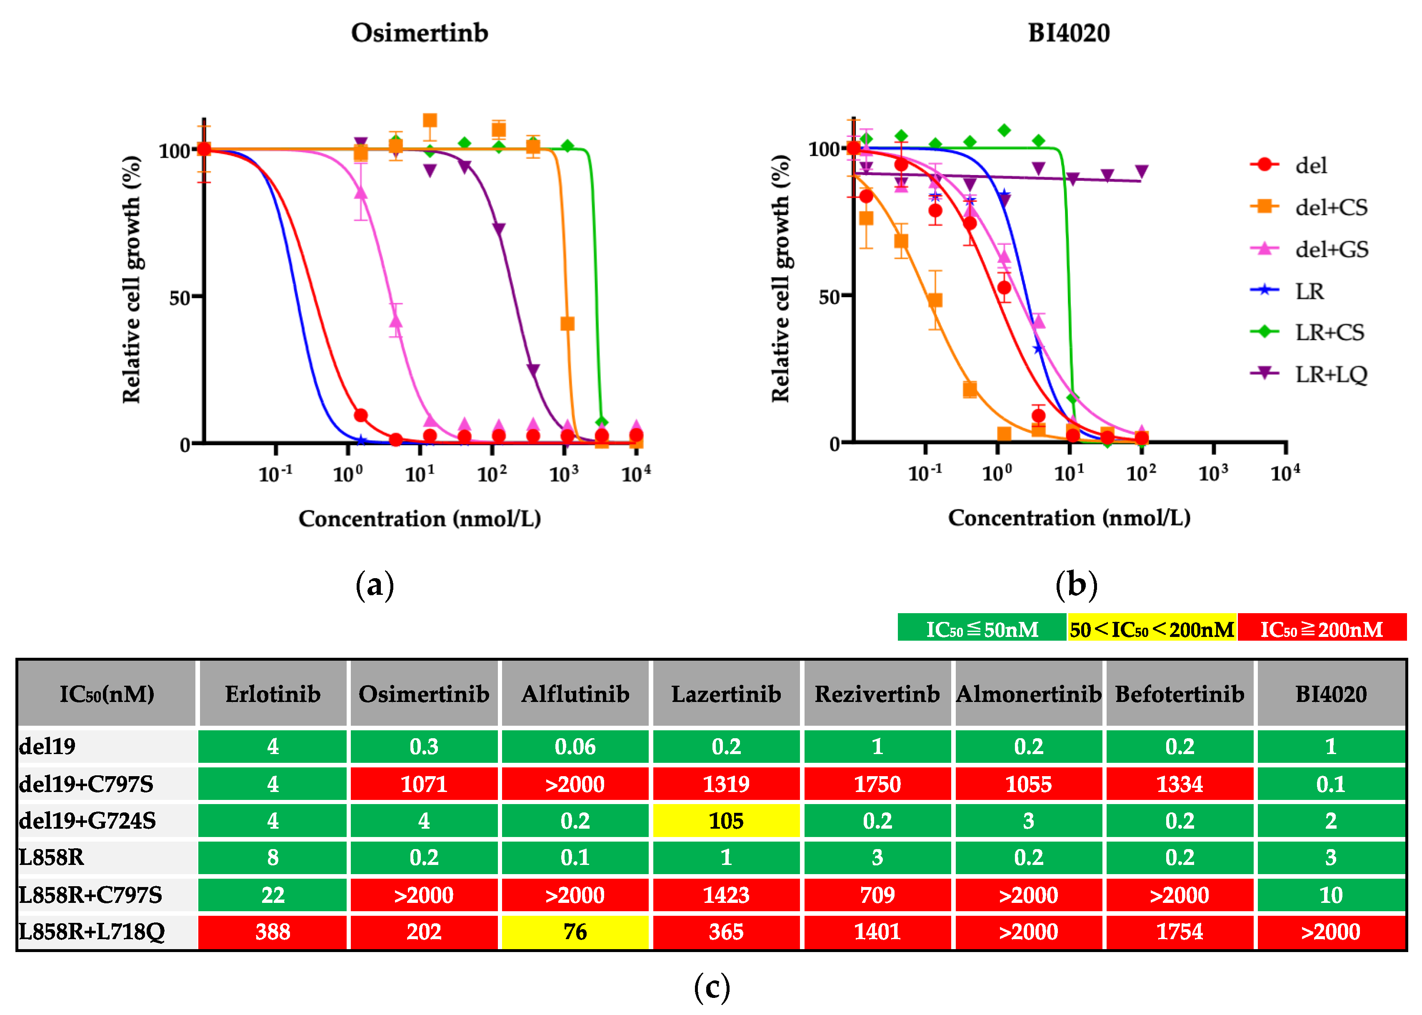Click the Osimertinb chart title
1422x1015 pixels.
click(x=419, y=33)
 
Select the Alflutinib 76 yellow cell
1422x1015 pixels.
click(x=575, y=931)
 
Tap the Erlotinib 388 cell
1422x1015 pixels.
click(x=272, y=931)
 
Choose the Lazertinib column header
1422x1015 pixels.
click(x=726, y=694)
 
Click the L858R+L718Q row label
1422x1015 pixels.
click(x=92, y=931)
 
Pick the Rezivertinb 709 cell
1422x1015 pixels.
click(x=877, y=895)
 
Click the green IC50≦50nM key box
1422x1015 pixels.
click(x=982, y=629)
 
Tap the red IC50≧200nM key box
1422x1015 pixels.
click(x=1322, y=629)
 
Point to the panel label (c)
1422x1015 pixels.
click(x=712, y=987)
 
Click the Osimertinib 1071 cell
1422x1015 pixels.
click(x=424, y=784)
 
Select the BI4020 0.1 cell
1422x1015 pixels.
click(x=1330, y=784)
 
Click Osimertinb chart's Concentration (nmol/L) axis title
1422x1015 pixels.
click(x=419, y=518)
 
